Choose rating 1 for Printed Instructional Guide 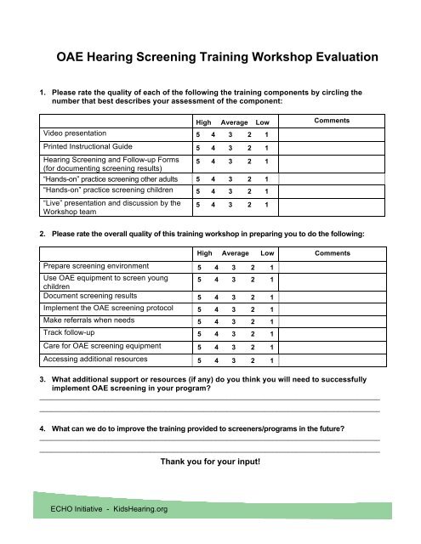tap(267, 149)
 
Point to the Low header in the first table tap(262, 124)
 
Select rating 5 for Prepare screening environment tap(199, 243)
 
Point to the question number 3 tap(31, 377)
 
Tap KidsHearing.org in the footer tap(137, 509)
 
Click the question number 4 tap(31, 429)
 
